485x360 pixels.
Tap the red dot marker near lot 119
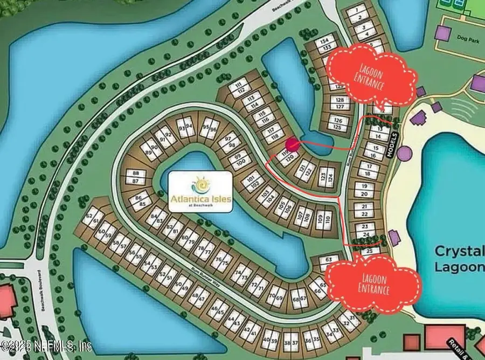point(292,144)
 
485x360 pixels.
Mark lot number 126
point(338,120)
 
